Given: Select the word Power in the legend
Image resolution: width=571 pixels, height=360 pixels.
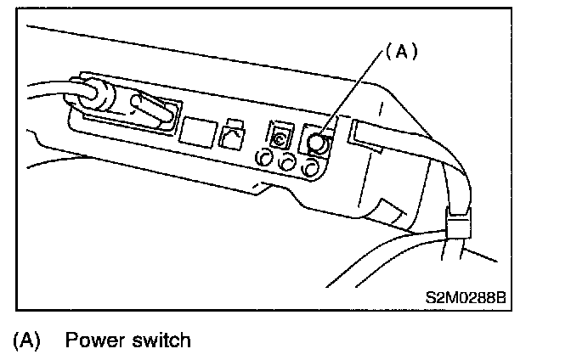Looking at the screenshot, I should pos(94,340).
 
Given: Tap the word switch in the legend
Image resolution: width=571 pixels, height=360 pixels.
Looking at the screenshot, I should pos(161,340).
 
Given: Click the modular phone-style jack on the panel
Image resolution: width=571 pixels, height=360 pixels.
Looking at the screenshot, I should pos(230,136).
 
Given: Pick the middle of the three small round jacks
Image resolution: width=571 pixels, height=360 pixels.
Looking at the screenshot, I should pos(287,161).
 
